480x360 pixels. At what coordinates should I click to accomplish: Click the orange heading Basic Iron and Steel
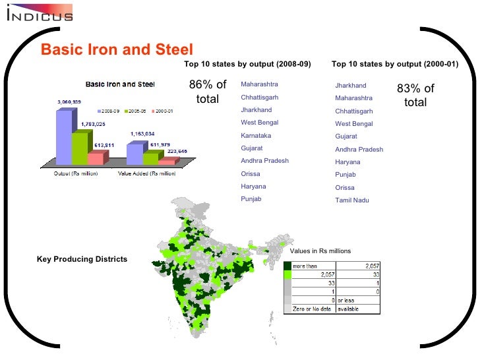tap(117, 49)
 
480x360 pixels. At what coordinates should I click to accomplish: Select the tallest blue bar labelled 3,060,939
tap(63, 137)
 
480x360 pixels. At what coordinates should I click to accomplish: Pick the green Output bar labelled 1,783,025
tap(79, 148)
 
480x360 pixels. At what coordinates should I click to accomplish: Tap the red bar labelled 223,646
tap(167, 161)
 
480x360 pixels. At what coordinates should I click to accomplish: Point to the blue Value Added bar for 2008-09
tap(134, 154)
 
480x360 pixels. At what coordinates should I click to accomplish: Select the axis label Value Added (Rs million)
tap(146, 173)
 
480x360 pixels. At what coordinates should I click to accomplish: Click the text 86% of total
tap(208, 92)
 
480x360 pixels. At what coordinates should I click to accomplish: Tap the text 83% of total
tap(415, 96)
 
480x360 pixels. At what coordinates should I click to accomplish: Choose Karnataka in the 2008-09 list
tap(256, 136)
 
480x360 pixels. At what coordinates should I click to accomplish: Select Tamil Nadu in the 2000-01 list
tap(351, 200)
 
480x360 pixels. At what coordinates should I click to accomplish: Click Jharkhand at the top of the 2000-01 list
tap(351, 86)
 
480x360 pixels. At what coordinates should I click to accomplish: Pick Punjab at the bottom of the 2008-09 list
tap(251, 199)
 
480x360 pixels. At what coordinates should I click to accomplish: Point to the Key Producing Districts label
tap(82, 259)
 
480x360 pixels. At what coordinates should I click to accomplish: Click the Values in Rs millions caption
tap(320, 251)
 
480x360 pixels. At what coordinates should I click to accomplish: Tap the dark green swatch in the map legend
tap(287, 265)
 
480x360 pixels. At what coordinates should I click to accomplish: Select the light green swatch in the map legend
tap(287, 274)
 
